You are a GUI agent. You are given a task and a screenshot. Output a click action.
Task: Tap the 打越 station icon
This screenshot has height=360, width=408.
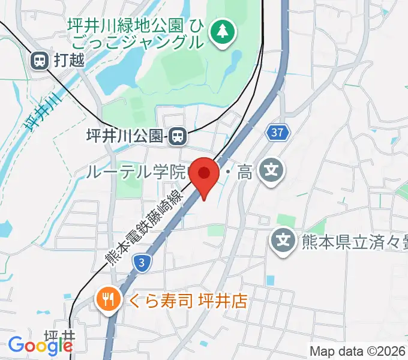point(40,60)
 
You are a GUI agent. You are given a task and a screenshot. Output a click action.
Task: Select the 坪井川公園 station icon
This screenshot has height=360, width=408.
point(176,137)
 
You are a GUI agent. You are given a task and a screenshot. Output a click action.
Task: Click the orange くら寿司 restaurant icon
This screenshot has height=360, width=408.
point(108,299)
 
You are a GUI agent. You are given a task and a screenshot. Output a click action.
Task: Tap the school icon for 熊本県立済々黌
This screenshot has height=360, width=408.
point(283,241)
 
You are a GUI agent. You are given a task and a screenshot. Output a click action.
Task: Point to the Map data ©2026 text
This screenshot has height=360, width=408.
point(358,350)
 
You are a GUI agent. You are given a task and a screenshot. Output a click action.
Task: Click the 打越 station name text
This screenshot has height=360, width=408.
point(69,60)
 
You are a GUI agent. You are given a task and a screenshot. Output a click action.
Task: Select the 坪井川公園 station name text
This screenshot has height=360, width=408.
point(124,137)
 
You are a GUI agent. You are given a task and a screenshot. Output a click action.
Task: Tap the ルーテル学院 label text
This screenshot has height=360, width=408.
point(137,173)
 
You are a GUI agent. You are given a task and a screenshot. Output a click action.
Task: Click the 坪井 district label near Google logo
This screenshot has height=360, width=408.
point(59,337)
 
